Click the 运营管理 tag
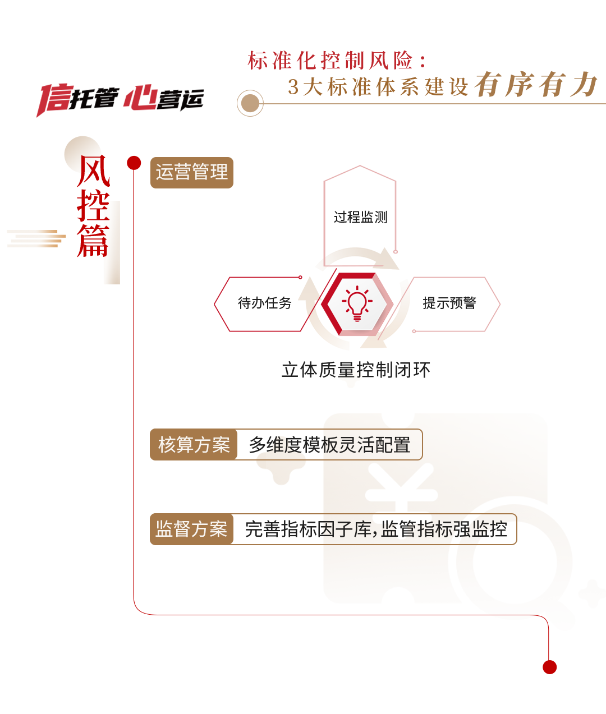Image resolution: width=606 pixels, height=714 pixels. (x=191, y=172)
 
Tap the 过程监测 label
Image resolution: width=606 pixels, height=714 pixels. (x=360, y=217)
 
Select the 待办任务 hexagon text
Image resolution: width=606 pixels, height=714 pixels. (x=264, y=303)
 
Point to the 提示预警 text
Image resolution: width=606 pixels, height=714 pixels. (x=449, y=303)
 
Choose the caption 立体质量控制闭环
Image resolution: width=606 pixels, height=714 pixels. (x=356, y=370)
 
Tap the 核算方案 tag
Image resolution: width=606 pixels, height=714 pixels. (x=194, y=445)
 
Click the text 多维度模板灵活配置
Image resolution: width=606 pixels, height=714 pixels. (x=329, y=445)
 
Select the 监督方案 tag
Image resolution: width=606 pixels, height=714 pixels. (x=191, y=529)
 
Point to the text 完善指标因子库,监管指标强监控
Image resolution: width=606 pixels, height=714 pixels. (x=375, y=529)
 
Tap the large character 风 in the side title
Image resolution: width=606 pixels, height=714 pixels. (x=94, y=171)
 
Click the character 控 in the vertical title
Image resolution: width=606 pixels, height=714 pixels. (x=93, y=206)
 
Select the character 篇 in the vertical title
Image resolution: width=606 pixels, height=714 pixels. (x=93, y=241)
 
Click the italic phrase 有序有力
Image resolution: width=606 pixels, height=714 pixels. (x=536, y=85)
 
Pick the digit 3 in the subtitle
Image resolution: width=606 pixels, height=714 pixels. (x=293, y=87)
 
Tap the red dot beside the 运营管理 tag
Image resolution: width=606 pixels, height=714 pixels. (x=132, y=162)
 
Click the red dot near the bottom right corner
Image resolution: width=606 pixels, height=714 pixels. (x=550, y=666)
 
